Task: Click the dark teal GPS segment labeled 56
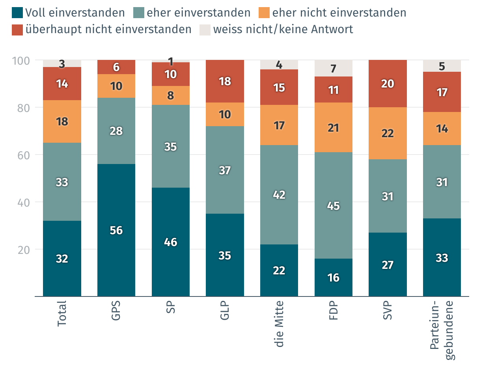coord(116,230)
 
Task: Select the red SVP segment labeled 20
coord(388,84)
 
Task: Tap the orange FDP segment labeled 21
coord(334,127)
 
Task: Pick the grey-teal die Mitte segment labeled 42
coord(279,195)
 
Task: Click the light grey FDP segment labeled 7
coord(334,68)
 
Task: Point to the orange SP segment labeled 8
coord(171,95)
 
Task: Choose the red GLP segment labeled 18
coord(225,81)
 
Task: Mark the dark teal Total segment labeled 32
coord(62,259)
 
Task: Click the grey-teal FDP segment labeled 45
coord(334,205)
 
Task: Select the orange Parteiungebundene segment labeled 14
coord(442,129)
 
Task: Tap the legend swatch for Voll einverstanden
coord(17,13)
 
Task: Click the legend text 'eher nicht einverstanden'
coord(339,13)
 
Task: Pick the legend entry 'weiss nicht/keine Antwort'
coord(283,30)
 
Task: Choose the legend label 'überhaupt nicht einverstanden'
coord(108,30)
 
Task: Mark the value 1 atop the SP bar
coord(171,61)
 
